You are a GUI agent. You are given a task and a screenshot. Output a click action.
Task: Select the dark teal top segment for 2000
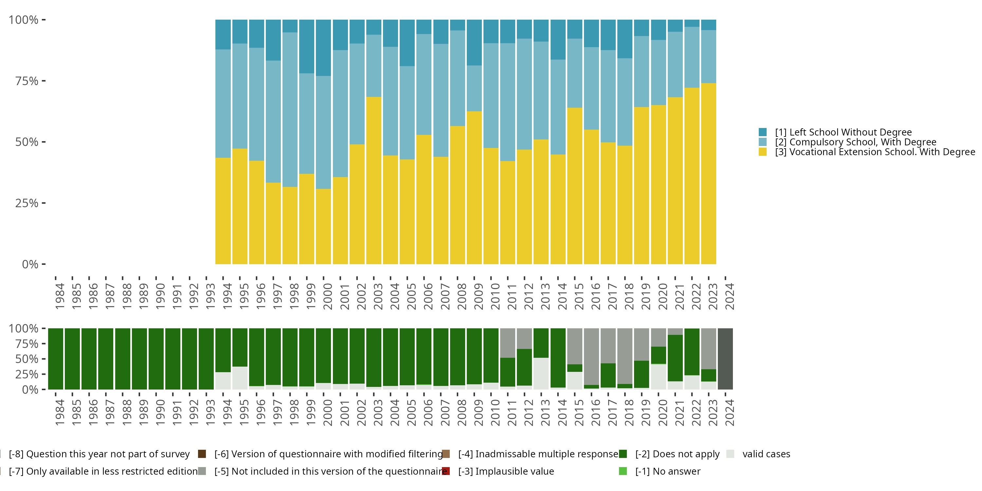pyautogui.click(x=323, y=48)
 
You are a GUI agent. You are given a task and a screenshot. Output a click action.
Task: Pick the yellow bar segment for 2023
pyautogui.click(x=708, y=173)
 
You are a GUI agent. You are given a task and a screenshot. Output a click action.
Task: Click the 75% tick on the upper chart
pyautogui.click(x=27, y=81)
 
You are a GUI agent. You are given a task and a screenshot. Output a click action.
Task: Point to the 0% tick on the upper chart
pyautogui.click(x=30, y=264)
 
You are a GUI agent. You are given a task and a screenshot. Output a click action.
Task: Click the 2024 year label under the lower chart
pyautogui.click(x=729, y=412)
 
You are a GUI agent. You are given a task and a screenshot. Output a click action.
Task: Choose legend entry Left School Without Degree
pyautogui.click(x=843, y=132)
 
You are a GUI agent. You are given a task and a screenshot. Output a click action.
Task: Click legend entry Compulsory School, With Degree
pyautogui.click(x=855, y=142)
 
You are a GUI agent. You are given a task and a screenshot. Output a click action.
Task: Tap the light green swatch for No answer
pyautogui.click(x=623, y=471)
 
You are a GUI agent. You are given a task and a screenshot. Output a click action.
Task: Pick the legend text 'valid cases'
pyautogui.click(x=766, y=454)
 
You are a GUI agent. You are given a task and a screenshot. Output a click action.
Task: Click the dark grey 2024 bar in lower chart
pyautogui.click(x=725, y=359)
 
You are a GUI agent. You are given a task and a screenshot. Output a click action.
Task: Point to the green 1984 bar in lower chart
pyautogui.click(x=56, y=359)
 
